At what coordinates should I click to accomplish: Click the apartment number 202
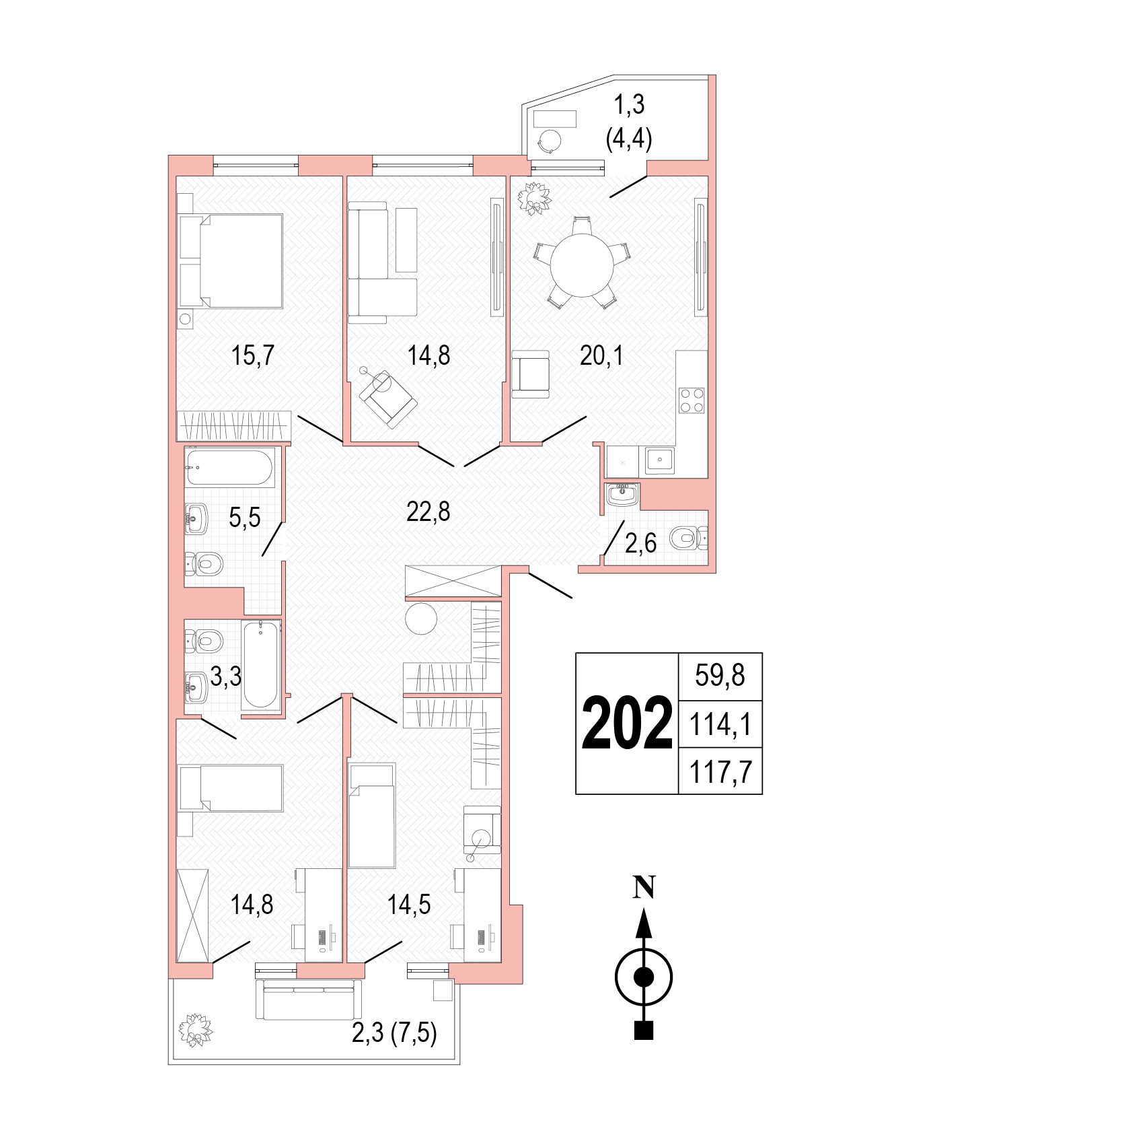627,724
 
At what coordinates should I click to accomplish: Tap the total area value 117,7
720,772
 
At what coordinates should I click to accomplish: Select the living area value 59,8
720,675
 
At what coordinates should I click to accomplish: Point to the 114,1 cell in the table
720,724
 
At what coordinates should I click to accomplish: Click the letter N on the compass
644,888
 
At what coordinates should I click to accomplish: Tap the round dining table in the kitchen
582,265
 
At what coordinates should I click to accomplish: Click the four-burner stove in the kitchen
691,400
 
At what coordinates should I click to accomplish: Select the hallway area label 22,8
428,512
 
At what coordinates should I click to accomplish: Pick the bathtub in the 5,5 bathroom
230,468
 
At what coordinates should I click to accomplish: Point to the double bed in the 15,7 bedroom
231,261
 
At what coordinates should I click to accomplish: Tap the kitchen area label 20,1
601,355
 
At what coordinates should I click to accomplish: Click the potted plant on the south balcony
196,1030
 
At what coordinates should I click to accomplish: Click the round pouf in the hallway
421,618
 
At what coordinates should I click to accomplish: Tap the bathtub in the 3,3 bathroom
260,664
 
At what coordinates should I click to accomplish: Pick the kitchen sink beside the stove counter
660,460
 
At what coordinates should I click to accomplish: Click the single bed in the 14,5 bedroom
372,815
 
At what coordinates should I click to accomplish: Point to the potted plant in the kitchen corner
535,199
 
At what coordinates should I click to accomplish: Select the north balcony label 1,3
630,104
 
